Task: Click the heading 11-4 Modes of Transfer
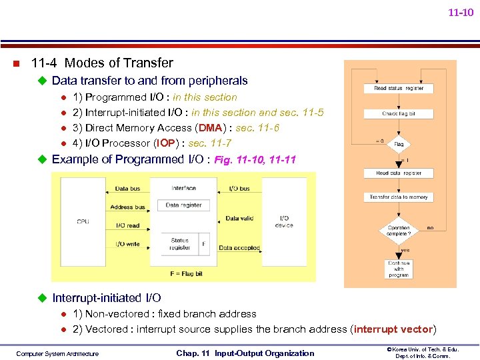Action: (102, 63)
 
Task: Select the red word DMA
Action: (210, 128)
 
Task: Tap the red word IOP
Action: (167, 143)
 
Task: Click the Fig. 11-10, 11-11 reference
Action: (255, 160)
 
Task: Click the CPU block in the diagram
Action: (83, 221)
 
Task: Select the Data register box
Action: (183, 205)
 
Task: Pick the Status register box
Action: (179, 244)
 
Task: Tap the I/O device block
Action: (284, 221)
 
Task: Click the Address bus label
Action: (127, 207)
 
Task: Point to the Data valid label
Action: (239, 219)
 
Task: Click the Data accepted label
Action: (239, 248)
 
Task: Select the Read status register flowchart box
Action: (399, 88)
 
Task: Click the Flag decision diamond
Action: (399, 143)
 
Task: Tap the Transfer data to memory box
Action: (399, 197)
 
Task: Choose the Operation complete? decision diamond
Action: (399, 231)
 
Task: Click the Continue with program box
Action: (399, 269)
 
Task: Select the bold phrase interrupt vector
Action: (394, 329)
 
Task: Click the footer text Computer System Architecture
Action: (57, 353)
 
